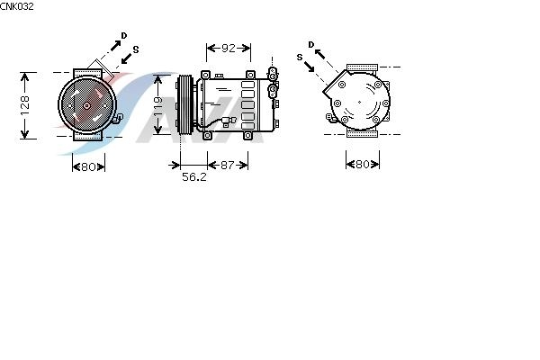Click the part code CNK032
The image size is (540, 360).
[x=16, y=6]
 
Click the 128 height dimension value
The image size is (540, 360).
[x=25, y=105]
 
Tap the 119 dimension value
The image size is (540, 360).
[x=157, y=106]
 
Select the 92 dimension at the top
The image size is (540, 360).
[x=229, y=48]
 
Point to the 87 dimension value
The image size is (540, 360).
[x=228, y=166]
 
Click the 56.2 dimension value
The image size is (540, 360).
[x=194, y=177]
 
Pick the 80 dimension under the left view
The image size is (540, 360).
[x=88, y=167]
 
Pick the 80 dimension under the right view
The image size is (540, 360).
[x=363, y=165]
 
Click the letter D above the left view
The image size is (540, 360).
[x=124, y=35]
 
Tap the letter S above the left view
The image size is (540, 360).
[x=136, y=49]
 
